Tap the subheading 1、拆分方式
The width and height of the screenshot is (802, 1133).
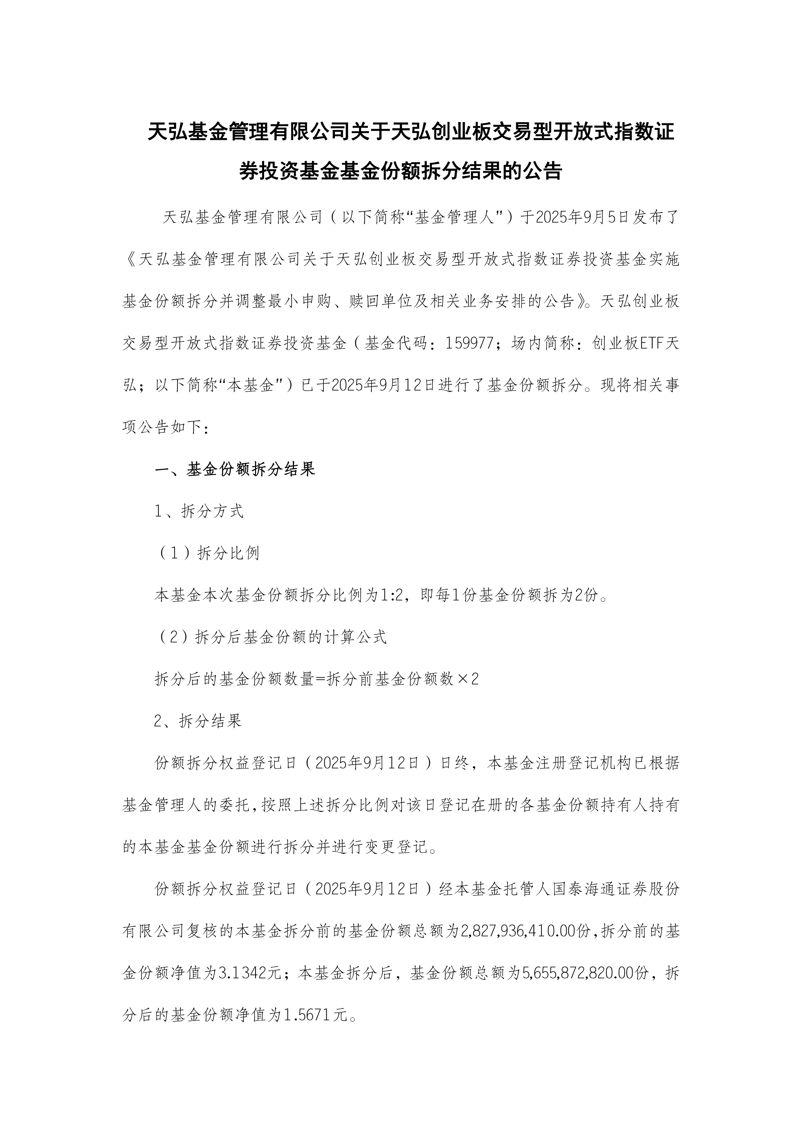(199, 512)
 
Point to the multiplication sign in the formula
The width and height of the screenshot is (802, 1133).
(462, 680)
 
